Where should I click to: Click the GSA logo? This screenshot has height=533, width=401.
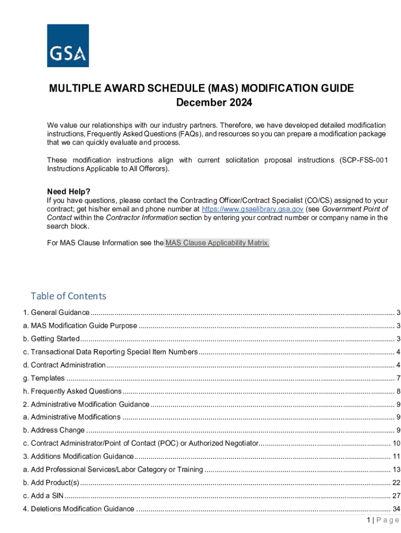coord(68,45)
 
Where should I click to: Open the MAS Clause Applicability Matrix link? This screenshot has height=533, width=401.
coord(217,243)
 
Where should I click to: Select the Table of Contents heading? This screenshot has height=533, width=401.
coord(68,296)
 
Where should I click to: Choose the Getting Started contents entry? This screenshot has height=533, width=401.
coord(51,339)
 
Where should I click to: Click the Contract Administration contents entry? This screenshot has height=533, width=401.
coord(64,365)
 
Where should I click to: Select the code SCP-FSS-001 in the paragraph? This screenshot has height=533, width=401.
coord(364,160)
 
